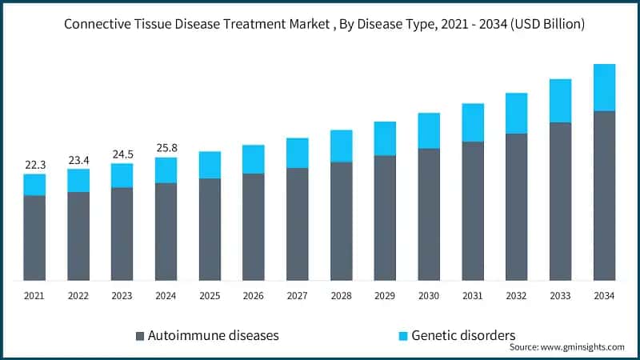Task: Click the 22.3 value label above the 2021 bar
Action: (35, 165)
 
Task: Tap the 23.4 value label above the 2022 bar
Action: (78, 160)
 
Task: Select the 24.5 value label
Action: (122, 154)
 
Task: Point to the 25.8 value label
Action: (166, 148)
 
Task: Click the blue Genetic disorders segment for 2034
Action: (604, 87)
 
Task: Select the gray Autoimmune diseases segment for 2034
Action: (604, 195)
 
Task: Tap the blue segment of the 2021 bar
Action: (35, 185)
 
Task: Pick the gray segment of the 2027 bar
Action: (298, 224)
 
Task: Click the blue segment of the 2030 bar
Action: (429, 130)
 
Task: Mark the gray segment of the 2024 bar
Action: (166, 231)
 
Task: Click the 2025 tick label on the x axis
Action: (210, 296)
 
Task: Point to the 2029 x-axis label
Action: (385, 296)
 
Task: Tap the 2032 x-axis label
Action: (516, 296)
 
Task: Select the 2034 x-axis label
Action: (604, 296)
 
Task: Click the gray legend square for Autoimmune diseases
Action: (141, 335)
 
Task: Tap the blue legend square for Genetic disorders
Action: (403, 335)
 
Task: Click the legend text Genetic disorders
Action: (463, 335)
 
